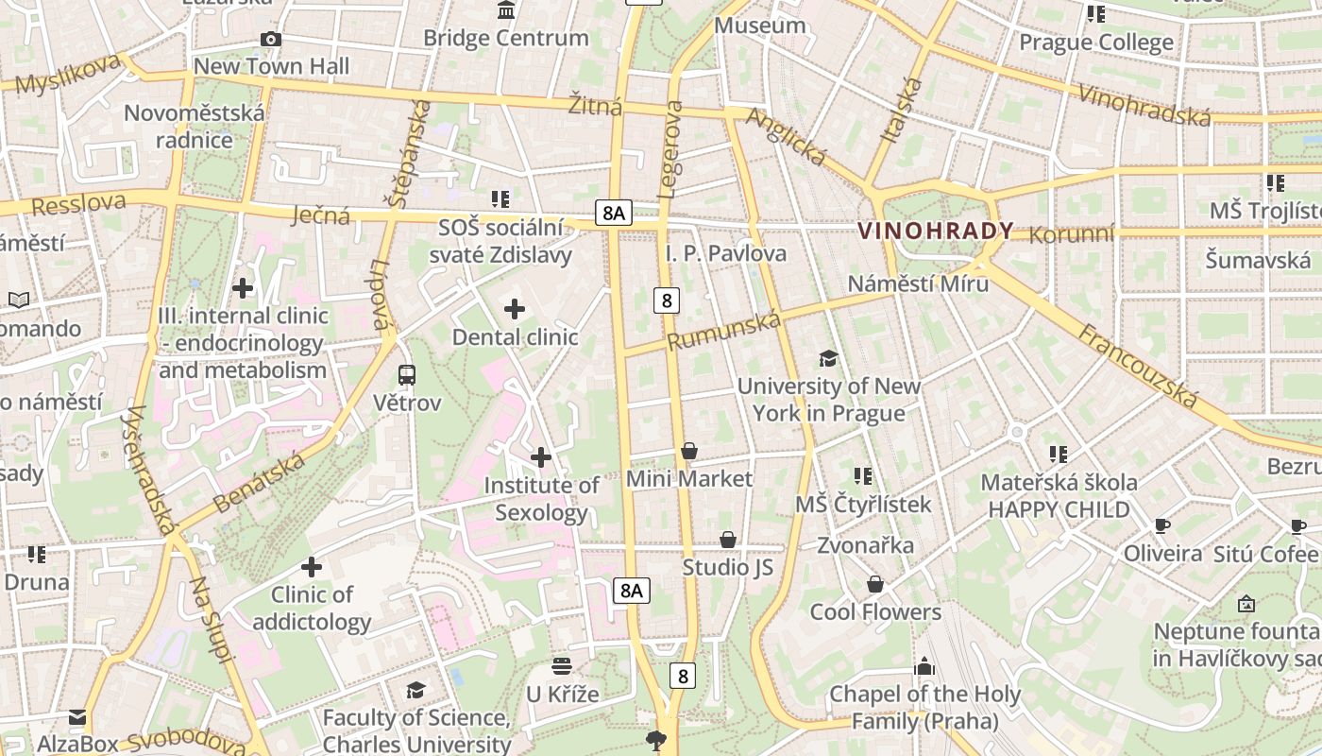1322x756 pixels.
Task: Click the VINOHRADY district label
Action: pos(935,231)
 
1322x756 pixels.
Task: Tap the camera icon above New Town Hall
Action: pos(271,39)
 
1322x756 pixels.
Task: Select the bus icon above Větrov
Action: pos(407,375)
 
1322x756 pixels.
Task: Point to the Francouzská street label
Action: pos(1138,367)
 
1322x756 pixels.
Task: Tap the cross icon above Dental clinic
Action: pos(515,309)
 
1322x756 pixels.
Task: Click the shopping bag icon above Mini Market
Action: pos(689,451)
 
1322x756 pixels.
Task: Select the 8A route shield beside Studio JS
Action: pos(631,591)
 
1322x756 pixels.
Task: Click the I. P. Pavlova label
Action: pos(725,253)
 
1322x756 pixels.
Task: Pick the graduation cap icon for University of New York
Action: pos(828,358)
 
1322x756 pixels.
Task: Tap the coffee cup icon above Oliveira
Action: pos(1162,525)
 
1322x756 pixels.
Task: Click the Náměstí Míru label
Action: pos(917,283)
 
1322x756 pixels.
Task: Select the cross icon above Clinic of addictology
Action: pos(312,567)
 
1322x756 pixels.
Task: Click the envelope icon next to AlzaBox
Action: pos(77,718)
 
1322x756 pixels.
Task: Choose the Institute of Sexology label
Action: pos(541,499)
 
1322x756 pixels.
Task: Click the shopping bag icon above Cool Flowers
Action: pos(875,584)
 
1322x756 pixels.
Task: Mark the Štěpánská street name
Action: pos(408,153)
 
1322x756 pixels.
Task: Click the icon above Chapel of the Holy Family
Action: pos(924,666)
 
